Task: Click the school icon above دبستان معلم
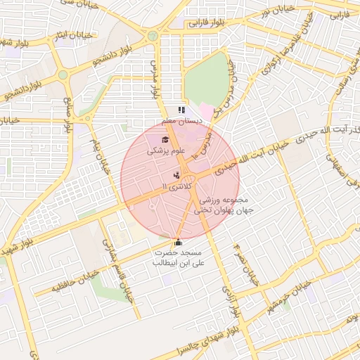(181, 110)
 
